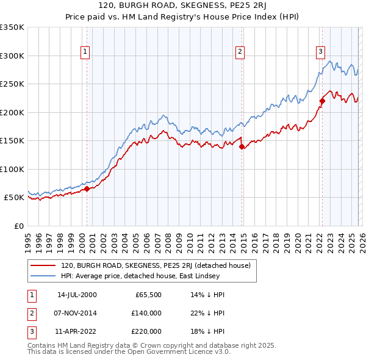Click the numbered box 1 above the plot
tap(85, 52)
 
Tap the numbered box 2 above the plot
tap(240, 52)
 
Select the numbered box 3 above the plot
tap(320, 52)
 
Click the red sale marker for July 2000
tap(87, 189)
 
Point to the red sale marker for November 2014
tap(242, 146)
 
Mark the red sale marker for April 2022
tap(322, 101)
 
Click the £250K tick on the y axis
tap(12, 84)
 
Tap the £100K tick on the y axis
tap(12, 169)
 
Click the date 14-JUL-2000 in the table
tap(77, 295)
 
